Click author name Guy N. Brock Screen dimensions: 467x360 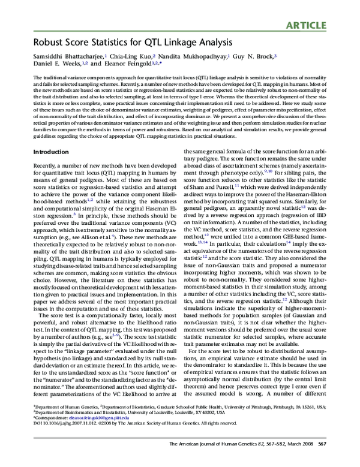point(255,55)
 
